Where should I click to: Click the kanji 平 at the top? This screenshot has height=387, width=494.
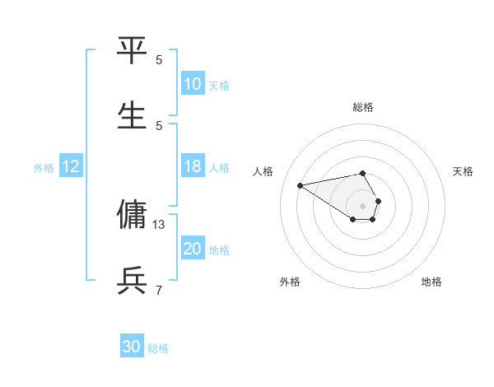(x=132, y=50)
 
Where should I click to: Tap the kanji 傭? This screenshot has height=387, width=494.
(x=132, y=215)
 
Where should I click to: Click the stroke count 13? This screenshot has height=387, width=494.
(x=159, y=224)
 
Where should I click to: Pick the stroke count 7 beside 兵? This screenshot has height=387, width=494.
(x=159, y=290)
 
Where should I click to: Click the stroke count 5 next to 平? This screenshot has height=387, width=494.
(x=159, y=59)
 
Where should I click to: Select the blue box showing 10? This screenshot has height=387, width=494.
(x=193, y=84)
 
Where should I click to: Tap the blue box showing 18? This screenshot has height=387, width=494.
(x=193, y=166)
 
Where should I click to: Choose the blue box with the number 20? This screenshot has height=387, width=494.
(x=193, y=249)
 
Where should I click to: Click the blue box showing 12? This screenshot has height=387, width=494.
(x=71, y=166)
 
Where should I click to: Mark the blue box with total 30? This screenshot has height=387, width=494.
(x=132, y=347)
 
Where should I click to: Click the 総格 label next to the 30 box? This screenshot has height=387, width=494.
(x=158, y=348)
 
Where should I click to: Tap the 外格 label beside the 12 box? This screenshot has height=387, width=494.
(x=44, y=168)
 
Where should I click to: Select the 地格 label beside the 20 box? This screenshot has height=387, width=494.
(x=219, y=250)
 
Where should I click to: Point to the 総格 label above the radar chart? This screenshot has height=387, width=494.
(x=363, y=107)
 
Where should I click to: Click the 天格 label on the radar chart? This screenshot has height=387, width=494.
(x=464, y=171)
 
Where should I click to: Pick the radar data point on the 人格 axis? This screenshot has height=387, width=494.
(x=300, y=185)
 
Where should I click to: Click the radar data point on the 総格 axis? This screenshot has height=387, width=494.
(x=362, y=173)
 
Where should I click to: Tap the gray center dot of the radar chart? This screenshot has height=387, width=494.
(x=362, y=205)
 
